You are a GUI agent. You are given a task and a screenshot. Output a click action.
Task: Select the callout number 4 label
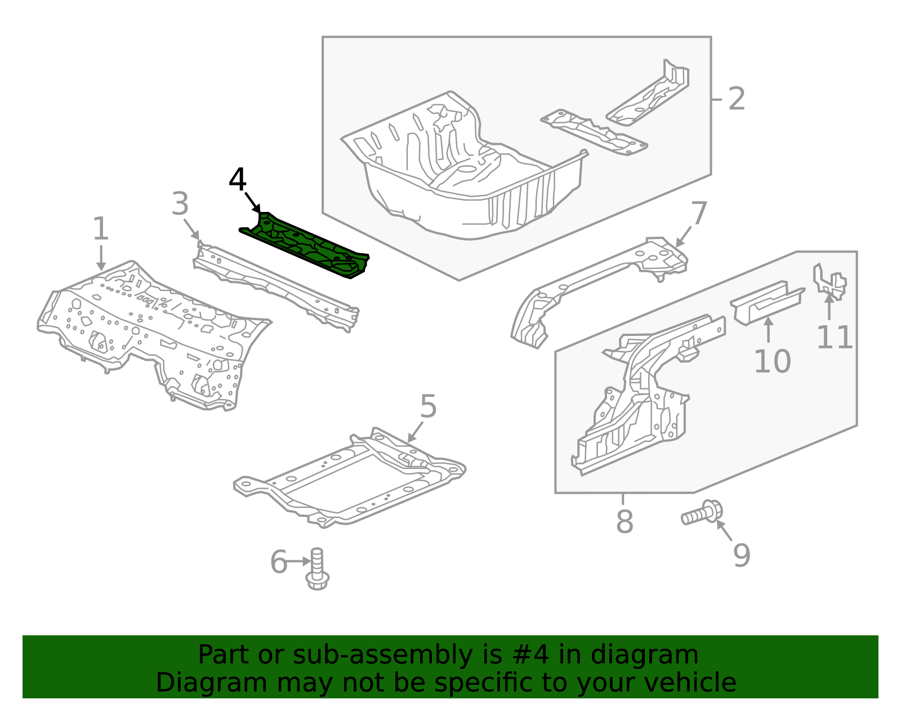[238, 179]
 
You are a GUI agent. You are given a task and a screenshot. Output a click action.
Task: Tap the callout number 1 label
[100, 228]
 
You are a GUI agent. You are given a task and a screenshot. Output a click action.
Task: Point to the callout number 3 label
[180, 203]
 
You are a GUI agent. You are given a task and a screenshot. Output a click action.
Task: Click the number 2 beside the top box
[737, 99]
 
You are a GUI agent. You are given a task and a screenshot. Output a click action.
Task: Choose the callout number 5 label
[429, 406]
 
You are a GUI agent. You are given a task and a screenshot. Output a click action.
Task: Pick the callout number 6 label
[278, 562]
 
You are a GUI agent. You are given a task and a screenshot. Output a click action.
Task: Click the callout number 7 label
[699, 213]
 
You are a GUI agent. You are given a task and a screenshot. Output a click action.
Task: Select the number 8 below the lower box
[625, 521]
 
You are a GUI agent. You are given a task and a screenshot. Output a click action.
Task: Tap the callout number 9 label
[742, 556]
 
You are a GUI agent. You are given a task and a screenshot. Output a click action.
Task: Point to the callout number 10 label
[773, 361]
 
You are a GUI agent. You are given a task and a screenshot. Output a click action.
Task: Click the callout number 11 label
[835, 337]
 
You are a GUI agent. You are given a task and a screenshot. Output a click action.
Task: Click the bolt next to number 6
[317, 569]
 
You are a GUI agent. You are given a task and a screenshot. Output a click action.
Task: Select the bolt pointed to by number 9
[702, 513]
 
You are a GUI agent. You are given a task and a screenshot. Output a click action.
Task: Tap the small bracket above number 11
[829, 282]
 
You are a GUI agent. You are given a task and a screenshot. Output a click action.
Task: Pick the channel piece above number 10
[767, 303]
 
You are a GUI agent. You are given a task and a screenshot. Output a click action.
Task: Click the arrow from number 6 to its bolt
[298, 561]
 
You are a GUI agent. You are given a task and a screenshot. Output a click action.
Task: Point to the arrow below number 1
[101, 258]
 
